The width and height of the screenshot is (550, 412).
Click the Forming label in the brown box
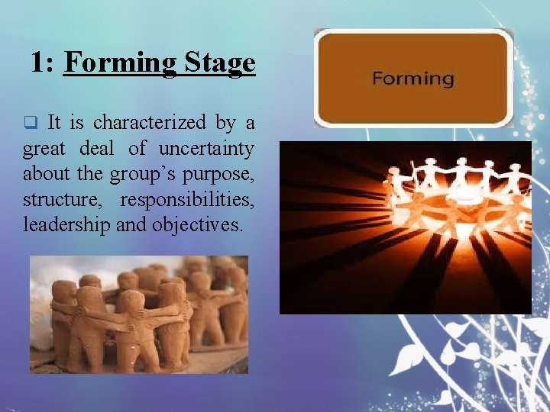pyautogui.click(x=412, y=78)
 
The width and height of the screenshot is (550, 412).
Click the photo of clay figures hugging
pyautogui.click(x=138, y=314)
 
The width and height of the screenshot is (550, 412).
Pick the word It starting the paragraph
pyautogui.click(x=54, y=122)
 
